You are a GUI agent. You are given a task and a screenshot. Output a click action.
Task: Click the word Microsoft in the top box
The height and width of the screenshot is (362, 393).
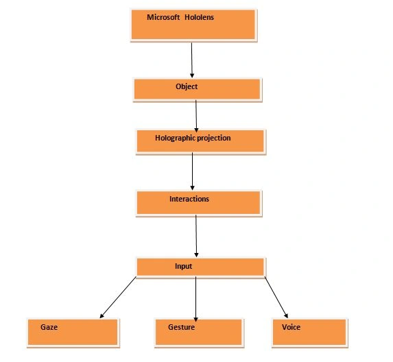click(163, 17)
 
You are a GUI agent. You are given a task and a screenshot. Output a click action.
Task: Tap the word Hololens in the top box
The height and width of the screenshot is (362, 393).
click(200, 17)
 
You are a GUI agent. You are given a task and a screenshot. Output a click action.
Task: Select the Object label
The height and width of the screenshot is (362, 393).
click(187, 86)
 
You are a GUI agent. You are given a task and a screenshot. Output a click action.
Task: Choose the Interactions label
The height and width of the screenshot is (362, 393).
click(189, 199)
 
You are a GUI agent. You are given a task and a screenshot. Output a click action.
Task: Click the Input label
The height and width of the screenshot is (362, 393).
click(183, 266)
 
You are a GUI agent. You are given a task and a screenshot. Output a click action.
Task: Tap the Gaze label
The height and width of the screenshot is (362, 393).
click(49, 327)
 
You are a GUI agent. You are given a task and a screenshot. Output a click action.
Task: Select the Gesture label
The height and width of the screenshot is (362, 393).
click(182, 327)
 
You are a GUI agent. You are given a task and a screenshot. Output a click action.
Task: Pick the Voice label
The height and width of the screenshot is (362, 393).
click(291, 327)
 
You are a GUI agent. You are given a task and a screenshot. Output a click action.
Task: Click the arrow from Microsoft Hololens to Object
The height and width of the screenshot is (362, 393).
click(192, 60)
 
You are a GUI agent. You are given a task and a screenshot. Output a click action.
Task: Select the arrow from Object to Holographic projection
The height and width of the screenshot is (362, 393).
click(196, 117)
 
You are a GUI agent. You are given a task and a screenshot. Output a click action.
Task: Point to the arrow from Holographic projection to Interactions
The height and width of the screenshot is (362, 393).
click(193, 171)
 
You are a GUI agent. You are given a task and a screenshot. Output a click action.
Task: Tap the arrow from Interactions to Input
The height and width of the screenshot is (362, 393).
click(196, 236)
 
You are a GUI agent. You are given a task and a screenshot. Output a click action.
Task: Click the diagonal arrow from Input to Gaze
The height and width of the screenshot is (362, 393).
click(118, 298)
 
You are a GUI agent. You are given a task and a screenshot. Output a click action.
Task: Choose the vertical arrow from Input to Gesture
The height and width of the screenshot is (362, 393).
click(196, 299)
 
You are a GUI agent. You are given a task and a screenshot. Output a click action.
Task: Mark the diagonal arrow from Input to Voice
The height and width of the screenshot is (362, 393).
click(276, 298)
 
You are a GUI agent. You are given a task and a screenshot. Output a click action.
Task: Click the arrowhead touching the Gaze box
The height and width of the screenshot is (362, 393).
click(102, 316)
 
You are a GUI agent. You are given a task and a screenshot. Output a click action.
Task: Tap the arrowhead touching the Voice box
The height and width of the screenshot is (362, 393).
click(286, 316)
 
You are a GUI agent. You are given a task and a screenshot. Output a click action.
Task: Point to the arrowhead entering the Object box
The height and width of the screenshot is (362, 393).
click(192, 75)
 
